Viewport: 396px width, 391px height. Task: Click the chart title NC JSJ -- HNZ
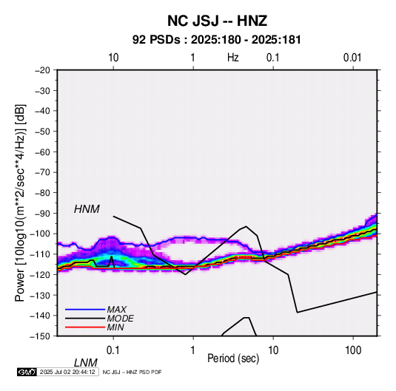click(217, 21)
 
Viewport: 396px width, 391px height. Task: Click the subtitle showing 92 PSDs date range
click(217, 40)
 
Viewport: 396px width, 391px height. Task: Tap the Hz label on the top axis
click(233, 58)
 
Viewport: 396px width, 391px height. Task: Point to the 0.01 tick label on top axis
click(352, 58)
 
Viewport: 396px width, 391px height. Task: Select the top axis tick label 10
click(113, 58)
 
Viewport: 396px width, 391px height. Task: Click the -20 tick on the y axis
click(42, 70)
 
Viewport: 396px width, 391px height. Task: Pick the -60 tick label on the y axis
click(42, 152)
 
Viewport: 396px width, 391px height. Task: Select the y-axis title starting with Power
click(20, 203)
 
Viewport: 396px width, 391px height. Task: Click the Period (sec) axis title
click(233, 358)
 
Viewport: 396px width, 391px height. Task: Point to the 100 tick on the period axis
click(352, 350)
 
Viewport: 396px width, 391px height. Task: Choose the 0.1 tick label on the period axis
click(113, 350)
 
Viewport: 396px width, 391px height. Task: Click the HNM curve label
click(87, 209)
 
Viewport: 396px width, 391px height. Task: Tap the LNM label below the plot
click(85, 363)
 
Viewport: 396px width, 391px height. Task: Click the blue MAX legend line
click(85, 310)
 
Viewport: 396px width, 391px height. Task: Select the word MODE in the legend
click(120, 319)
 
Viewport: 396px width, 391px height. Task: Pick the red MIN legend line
click(85, 327)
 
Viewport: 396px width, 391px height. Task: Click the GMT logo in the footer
click(27, 372)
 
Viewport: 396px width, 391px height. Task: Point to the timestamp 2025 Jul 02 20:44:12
click(67, 372)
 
